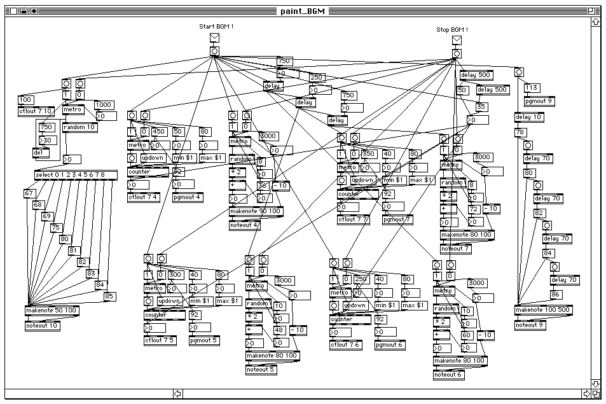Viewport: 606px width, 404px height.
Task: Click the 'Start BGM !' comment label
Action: point(216,26)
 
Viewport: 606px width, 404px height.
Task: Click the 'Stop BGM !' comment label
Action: point(452,29)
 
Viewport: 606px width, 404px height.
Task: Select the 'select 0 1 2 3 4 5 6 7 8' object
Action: point(76,175)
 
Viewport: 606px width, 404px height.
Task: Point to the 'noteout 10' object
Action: point(42,326)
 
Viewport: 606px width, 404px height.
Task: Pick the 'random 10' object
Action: point(79,127)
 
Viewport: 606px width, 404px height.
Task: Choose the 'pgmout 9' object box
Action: point(539,101)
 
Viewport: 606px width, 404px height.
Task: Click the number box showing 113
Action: point(532,88)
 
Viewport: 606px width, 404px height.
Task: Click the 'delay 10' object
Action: point(528,117)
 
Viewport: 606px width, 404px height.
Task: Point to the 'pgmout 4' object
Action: point(187,197)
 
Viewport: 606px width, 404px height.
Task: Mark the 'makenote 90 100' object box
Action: point(256,211)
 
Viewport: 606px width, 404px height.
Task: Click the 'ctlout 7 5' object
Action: point(160,340)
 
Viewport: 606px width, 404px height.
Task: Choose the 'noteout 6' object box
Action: point(449,375)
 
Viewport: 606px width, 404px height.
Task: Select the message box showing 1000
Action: point(104,105)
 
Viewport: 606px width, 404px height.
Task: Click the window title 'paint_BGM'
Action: point(303,11)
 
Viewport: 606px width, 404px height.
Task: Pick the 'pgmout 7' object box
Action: point(396,219)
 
